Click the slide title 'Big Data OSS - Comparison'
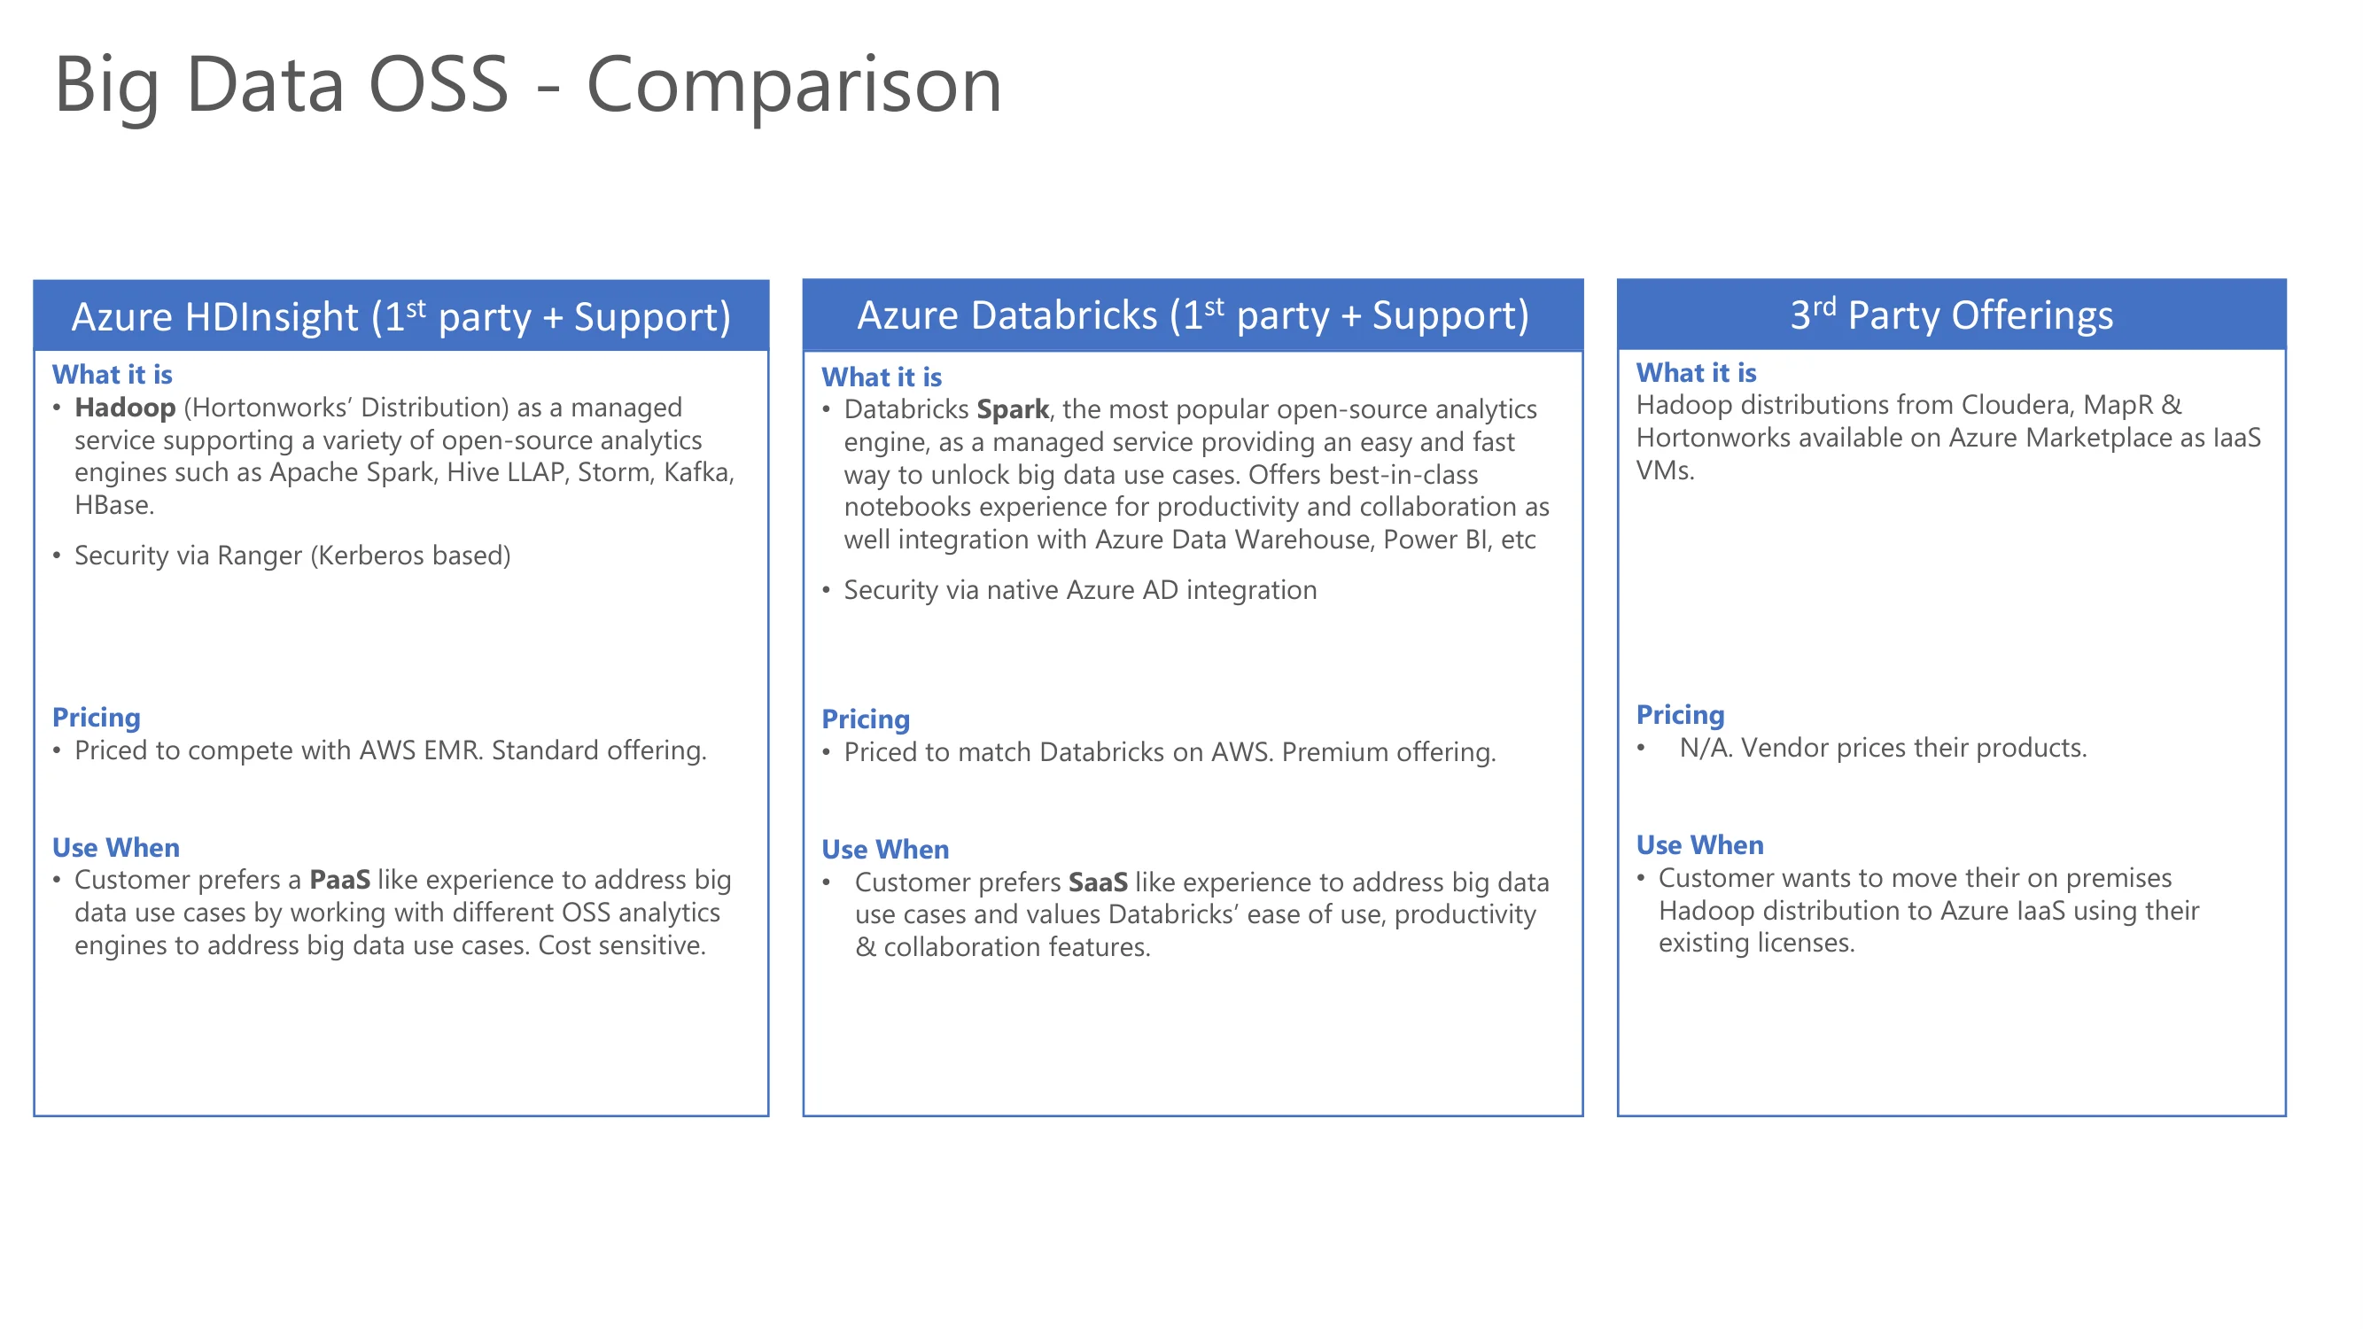pos(527,84)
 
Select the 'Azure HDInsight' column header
pos(400,315)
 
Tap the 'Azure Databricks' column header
pos(1193,315)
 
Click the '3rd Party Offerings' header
pos(1951,315)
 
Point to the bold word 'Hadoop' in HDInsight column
pos(125,408)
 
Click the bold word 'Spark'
pos(1013,410)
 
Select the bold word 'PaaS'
pos(339,880)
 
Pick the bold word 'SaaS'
pos(1098,882)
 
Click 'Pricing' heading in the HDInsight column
pos(97,718)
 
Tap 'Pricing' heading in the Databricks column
pos(866,719)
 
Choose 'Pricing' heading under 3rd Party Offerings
pos(1681,714)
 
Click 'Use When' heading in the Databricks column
pos(885,850)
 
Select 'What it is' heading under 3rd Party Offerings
pos(1696,372)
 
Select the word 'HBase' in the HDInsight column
pos(113,505)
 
